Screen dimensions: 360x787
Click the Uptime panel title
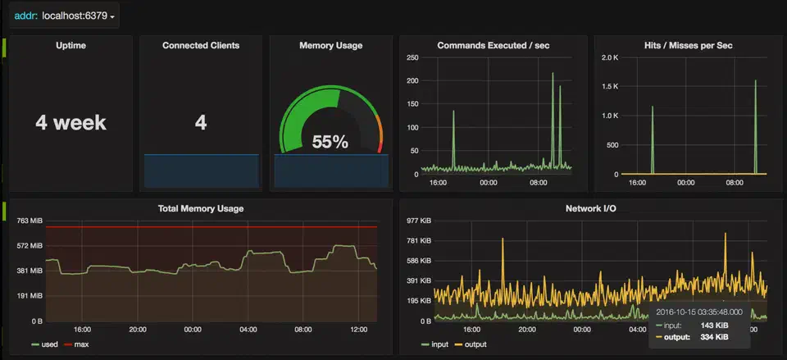point(70,46)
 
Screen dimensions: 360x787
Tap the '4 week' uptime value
point(71,123)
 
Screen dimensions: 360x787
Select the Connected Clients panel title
point(201,46)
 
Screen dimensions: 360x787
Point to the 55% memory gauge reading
point(330,142)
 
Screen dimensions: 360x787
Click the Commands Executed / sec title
point(493,46)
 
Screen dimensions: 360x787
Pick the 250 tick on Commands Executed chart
point(412,57)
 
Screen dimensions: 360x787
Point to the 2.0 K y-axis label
point(609,57)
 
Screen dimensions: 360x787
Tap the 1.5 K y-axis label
point(609,87)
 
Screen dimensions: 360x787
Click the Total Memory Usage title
point(200,208)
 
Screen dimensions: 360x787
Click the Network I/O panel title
point(591,209)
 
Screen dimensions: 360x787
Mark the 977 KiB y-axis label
point(420,221)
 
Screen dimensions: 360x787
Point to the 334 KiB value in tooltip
point(714,337)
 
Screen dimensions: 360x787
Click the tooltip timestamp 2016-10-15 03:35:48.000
point(700,312)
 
